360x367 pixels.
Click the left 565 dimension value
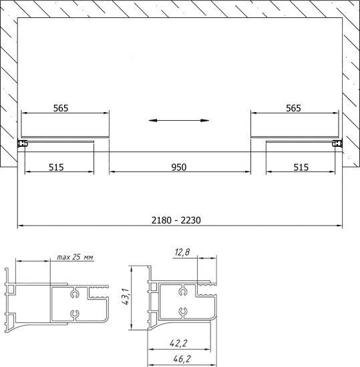pos(61,108)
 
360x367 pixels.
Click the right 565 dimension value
pos(293,108)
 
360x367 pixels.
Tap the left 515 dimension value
pos(56,167)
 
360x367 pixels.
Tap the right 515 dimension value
pos(301,167)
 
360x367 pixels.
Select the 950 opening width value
pos(179,167)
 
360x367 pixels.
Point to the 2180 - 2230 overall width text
pos(176,220)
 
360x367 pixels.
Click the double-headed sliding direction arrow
pos(179,121)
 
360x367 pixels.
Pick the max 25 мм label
pos(75,257)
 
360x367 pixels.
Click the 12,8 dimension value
pos(182,252)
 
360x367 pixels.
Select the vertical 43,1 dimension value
pos(126,296)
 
